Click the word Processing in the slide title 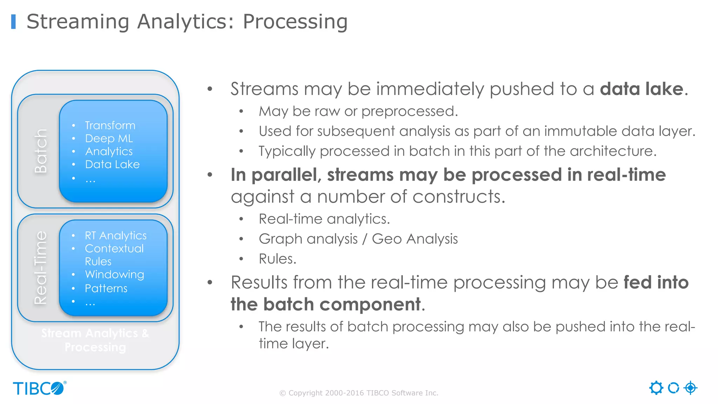point(295,22)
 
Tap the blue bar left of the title point(13,22)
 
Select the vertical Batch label point(41,151)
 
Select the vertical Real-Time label point(41,268)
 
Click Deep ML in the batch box point(109,139)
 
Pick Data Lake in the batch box point(112,164)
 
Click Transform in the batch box point(110,126)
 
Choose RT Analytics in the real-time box point(116,236)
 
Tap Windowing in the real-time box point(114,275)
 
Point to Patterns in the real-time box point(106,289)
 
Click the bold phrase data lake point(642,89)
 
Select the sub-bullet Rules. point(277,259)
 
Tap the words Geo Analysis point(415,239)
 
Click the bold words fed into point(656,283)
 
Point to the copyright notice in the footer point(359,393)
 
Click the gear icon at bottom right point(656,388)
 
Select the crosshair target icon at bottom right point(690,388)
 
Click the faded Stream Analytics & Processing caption point(95,340)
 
